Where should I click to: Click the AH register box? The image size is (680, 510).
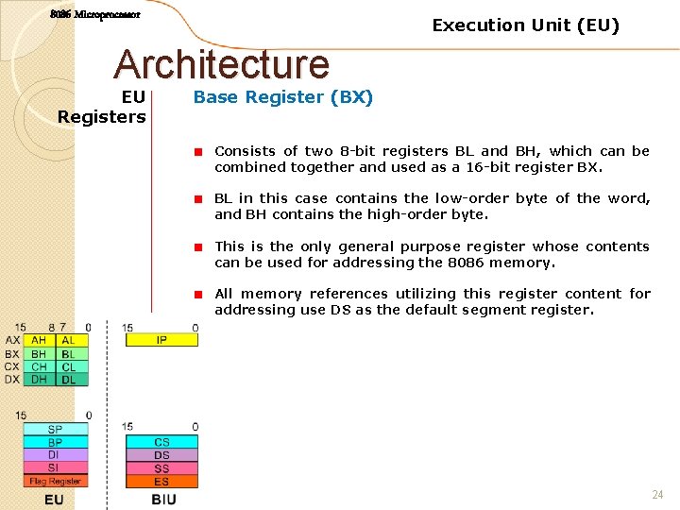pyautogui.click(x=39, y=340)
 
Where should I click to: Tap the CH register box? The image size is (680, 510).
pyautogui.click(x=39, y=366)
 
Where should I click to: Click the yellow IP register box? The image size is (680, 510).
pyautogui.click(x=161, y=340)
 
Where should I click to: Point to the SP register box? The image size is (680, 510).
pyautogui.click(x=56, y=430)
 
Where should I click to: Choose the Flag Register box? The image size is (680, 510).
pyautogui.click(x=56, y=481)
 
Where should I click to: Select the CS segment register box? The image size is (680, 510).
pyautogui.click(x=161, y=442)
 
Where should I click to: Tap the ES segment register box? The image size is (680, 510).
pyautogui.click(x=161, y=482)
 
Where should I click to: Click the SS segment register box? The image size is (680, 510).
pyautogui.click(x=161, y=468)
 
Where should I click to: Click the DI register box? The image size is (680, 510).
pyautogui.click(x=56, y=455)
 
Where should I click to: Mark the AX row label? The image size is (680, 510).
pyautogui.click(x=12, y=340)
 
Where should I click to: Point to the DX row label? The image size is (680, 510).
pyautogui.click(x=12, y=380)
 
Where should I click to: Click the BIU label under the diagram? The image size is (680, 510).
pyautogui.click(x=163, y=499)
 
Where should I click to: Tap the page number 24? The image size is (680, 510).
pyautogui.click(x=657, y=495)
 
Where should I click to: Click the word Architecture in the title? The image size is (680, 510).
pyautogui.click(x=222, y=64)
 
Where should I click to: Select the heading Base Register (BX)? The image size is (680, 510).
pyautogui.click(x=283, y=97)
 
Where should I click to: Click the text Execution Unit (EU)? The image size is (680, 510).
pyautogui.click(x=526, y=25)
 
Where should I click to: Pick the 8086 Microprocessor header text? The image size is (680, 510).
pyautogui.click(x=95, y=15)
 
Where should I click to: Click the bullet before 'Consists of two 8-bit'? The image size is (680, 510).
pyautogui.click(x=200, y=151)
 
